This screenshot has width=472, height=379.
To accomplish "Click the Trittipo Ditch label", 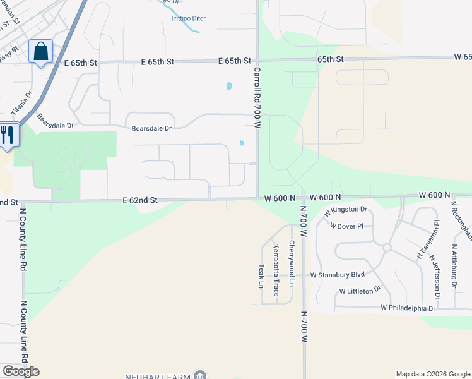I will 188,18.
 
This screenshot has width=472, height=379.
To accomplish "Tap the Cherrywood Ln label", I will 292,264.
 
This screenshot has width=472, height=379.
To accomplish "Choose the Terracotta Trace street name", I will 276,271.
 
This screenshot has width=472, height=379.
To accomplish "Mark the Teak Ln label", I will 261,275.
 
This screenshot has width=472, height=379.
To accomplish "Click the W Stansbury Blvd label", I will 338,275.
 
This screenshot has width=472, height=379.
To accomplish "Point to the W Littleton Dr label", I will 360,291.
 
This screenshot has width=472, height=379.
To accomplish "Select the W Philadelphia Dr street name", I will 408,308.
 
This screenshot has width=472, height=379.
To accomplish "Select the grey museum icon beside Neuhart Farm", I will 201,375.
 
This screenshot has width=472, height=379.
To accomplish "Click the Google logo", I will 21,371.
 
